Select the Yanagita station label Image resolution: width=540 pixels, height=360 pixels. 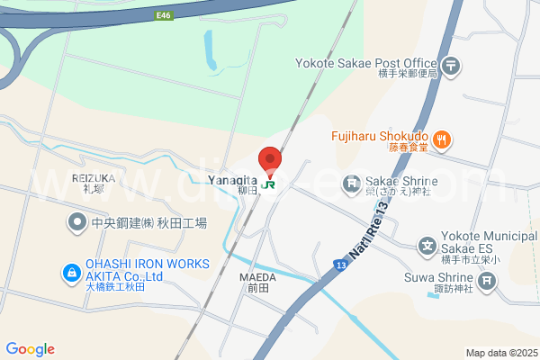pyautogui.click(x=233, y=181)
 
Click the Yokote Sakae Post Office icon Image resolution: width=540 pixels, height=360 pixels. pyautogui.click(x=451, y=66)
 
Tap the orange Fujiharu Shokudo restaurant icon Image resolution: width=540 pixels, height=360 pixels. pyautogui.click(x=441, y=139)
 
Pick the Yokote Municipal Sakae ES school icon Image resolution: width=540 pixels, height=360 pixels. pyautogui.click(x=427, y=245)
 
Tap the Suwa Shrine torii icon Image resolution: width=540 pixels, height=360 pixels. pyautogui.click(x=487, y=281)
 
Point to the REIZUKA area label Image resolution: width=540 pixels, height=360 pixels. pyautogui.click(x=94, y=178)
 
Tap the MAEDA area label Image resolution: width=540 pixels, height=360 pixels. pyautogui.click(x=257, y=277)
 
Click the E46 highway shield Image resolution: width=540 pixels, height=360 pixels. pyautogui.click(x=163, y=15)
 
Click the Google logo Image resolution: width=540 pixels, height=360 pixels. pyautogui.click(x=30, y=349)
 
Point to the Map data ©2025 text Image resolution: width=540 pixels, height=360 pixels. pyautogui.click(x=500, y=352)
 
